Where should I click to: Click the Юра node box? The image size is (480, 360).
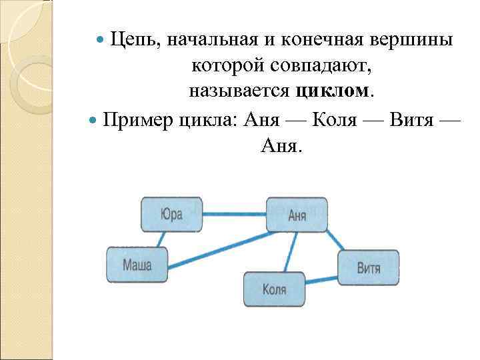(x=171, y=215)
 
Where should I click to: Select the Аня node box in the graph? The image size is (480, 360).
(x=297, y=215)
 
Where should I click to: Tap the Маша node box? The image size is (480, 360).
(x=137, y=265)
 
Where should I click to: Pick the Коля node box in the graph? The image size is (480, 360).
(x=274, y=289)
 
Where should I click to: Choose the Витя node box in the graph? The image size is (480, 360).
(x=368, y=267)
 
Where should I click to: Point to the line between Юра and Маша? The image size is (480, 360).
(x=160, y=239)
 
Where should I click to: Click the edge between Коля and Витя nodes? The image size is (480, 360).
(x=321, y=279)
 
